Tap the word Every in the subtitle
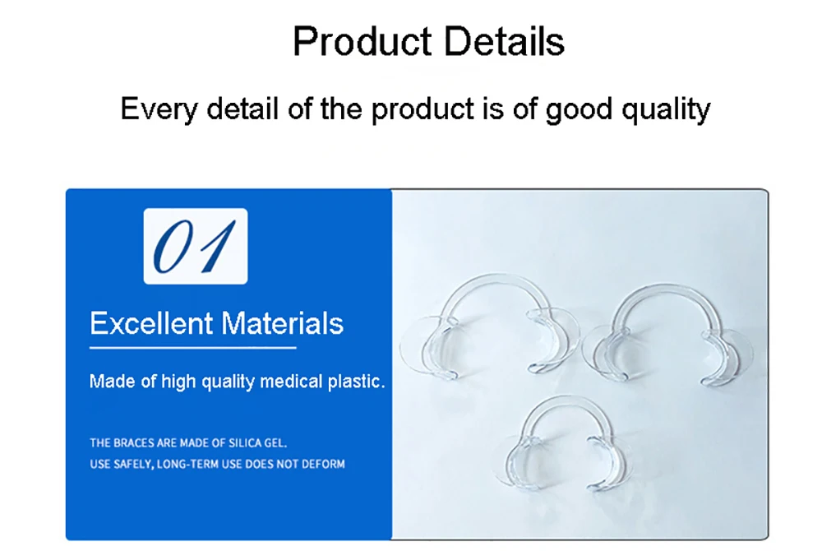(159, 110)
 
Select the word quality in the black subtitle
(666, 110)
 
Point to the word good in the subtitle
(579, 110)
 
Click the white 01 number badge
(196, 246)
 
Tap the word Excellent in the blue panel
(151, 323)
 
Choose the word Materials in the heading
(282, 323)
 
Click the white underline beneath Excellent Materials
(193, 348)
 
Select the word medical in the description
(291, 381)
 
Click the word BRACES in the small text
(134, 443)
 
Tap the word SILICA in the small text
(245, 443)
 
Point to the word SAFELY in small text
(133, 465)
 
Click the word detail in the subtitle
(242, 109)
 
